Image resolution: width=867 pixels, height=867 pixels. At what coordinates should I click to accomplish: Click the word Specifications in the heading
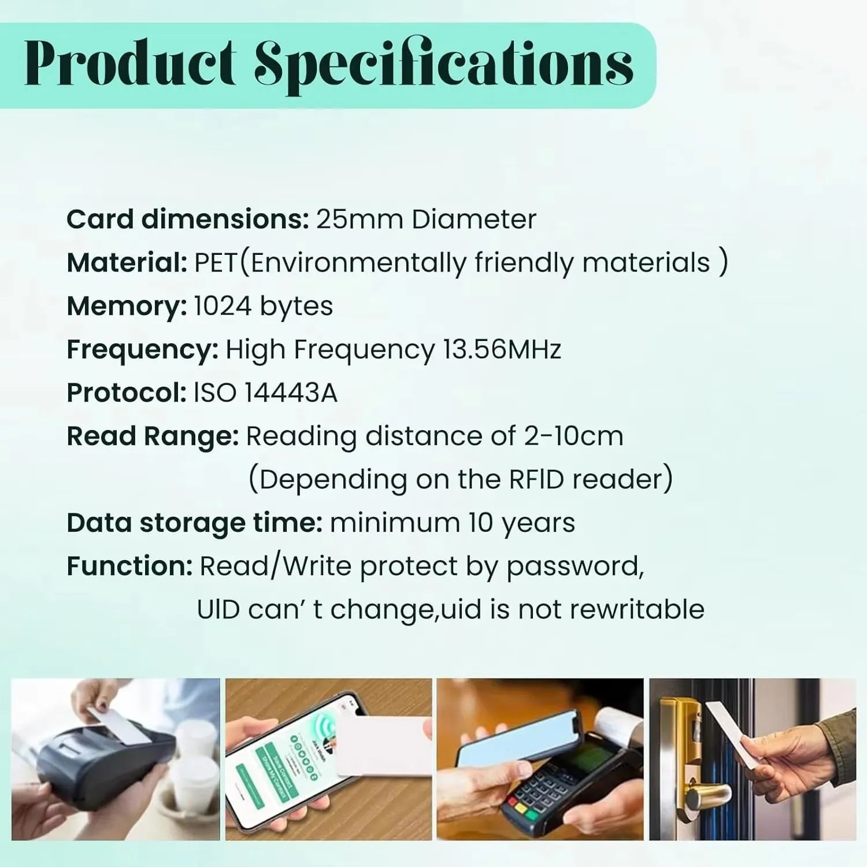click(x=444, y=65)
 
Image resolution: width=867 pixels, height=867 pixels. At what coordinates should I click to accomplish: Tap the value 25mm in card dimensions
click(x=360, y=220)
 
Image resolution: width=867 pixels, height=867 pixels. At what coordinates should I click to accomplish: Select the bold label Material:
click(x=127, y=262)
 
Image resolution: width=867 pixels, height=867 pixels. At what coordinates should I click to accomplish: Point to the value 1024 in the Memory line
click(x=223, y=306)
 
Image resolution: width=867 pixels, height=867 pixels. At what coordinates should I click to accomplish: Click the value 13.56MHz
click(x=502, y=350)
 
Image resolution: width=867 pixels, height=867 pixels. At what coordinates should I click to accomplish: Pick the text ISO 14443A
click(x=265, y=393)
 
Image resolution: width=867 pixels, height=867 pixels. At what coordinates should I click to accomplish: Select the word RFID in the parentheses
click(x=536, y=480)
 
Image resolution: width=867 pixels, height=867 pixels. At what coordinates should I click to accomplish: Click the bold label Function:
click(x=129, y=566)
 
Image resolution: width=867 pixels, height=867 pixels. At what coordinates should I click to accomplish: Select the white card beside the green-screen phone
click(x=383, y=746)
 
